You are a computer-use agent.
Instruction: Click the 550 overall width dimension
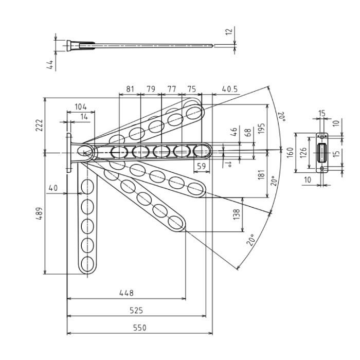pyautogui.click(x=139, y=328)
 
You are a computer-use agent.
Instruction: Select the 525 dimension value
pyautogui.click(x=136, y=310)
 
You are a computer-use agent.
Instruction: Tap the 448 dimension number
pyautogui.click(x=126, y=293)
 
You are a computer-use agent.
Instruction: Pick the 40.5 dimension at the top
pyautogui.click(x=229, y=89)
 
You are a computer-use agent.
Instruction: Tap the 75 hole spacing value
pyautogui.click(x=191, y=89)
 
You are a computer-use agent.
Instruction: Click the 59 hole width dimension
pyautogui.click(x=202, y=166)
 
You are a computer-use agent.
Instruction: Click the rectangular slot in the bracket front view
pyautogui.click(x=322, y=152)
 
